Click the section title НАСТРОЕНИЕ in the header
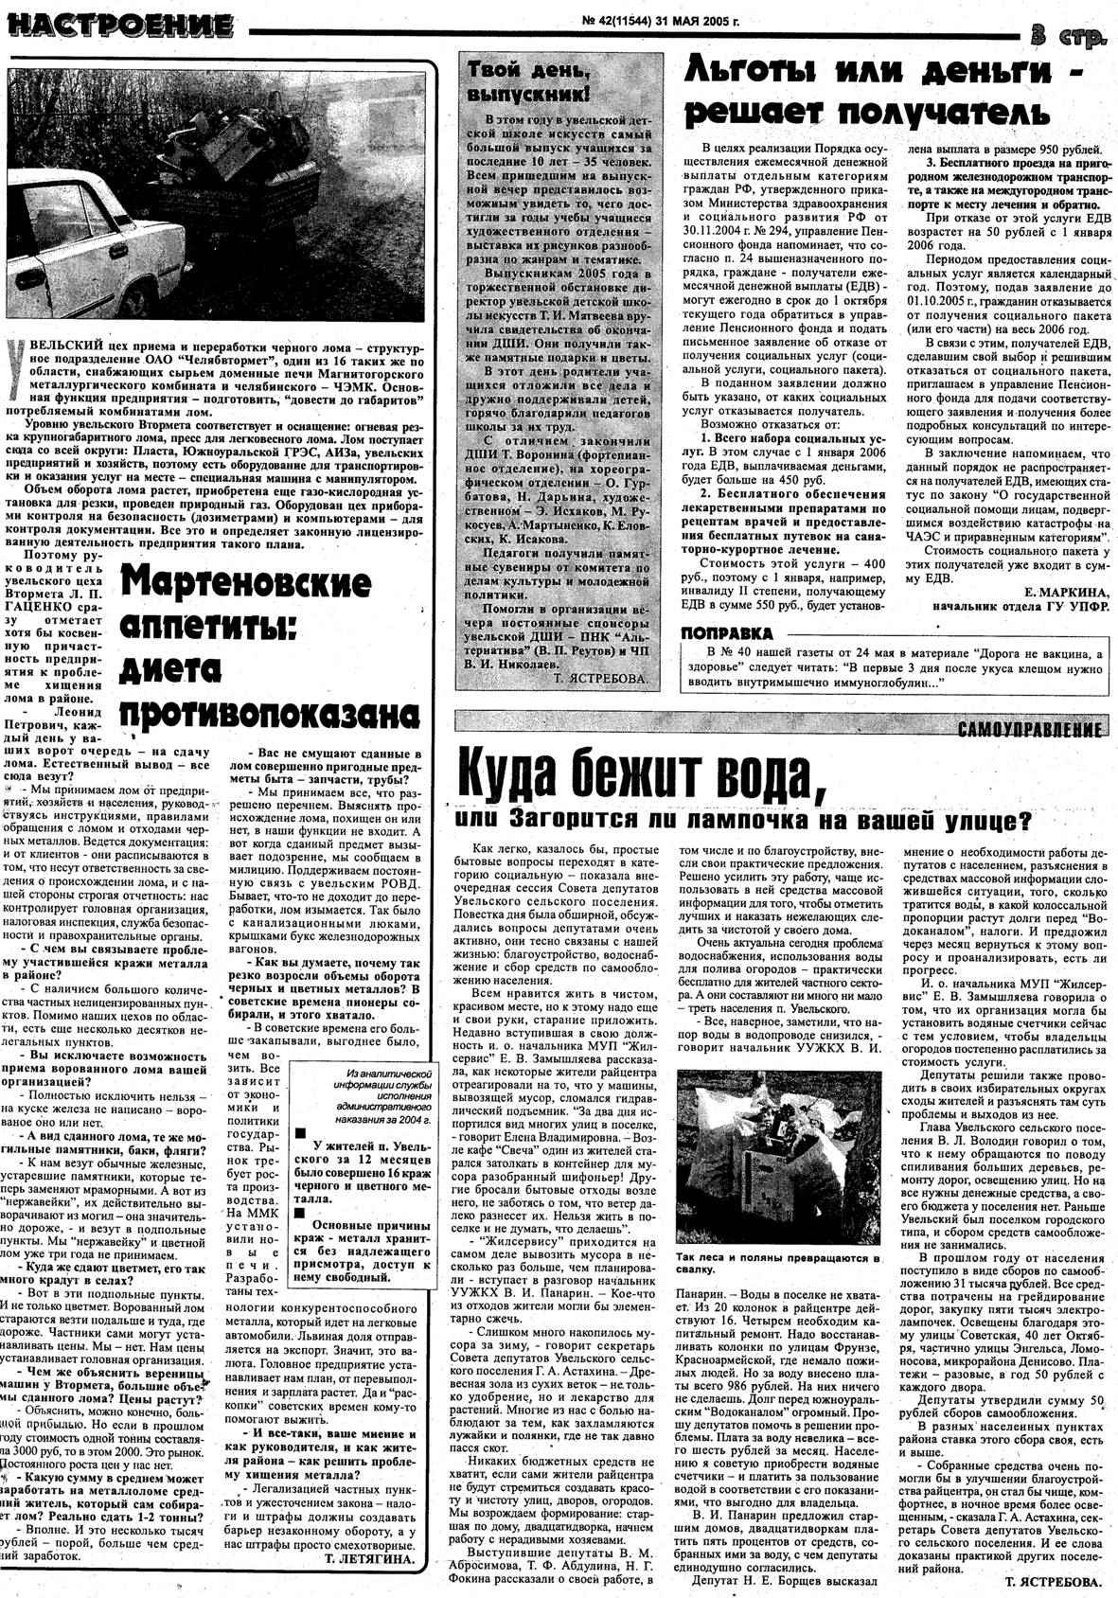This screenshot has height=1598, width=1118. (120, 25)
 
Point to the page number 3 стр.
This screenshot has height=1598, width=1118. (1068, 37)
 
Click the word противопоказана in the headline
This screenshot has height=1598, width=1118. (271, 712)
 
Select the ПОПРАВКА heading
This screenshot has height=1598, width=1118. (726, 633)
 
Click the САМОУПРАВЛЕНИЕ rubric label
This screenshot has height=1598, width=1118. (1029, 730)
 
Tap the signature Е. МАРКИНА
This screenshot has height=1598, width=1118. (1064, 593)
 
